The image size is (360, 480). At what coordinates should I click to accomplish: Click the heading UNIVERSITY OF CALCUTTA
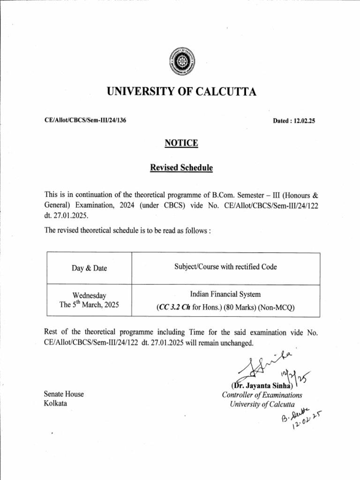[180, 91]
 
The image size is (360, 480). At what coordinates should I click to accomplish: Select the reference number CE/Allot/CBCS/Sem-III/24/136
[85, 120]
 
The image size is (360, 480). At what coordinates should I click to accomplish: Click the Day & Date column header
[89, 268]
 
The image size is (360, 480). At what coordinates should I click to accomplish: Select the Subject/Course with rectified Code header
[225, 267]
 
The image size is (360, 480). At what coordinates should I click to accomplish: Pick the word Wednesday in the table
[89, 295]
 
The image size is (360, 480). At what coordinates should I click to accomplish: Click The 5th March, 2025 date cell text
[89, 305]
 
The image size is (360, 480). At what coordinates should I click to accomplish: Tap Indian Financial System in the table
[225, 294]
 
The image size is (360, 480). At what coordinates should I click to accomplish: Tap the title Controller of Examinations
[262, 395]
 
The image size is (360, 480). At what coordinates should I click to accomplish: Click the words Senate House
[64, 394]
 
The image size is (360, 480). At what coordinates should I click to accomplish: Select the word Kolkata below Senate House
[55, 403]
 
